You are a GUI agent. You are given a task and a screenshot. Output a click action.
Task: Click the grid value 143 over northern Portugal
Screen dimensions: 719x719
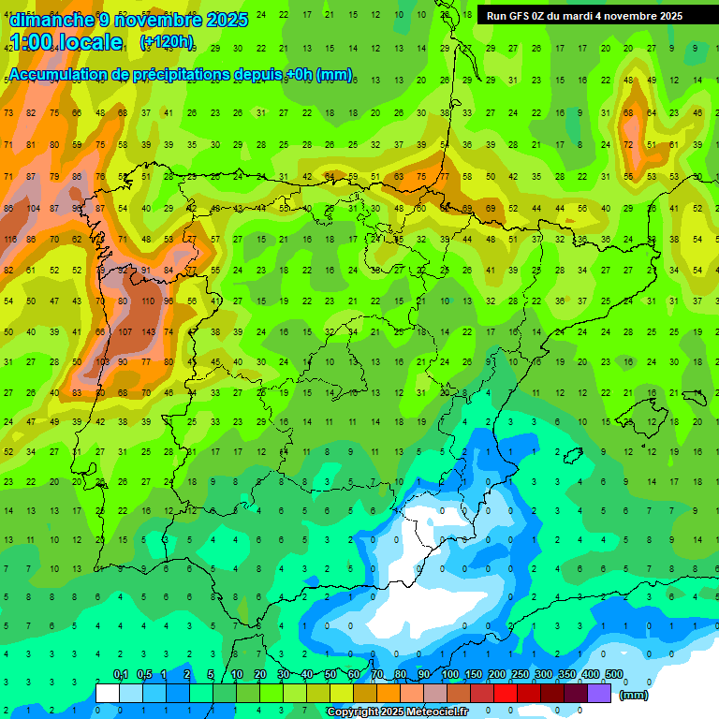148,332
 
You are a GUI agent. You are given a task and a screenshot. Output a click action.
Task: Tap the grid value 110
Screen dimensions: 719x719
148,301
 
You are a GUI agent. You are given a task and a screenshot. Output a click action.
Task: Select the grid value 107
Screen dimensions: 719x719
125,332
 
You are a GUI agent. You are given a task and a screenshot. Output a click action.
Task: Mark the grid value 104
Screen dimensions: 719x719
34,209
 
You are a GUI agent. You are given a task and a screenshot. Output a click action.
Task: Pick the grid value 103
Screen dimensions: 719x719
102,362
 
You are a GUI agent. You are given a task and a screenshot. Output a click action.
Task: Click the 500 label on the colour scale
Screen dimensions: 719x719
614,675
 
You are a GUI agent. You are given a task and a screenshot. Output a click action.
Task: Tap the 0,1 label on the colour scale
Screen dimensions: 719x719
121,675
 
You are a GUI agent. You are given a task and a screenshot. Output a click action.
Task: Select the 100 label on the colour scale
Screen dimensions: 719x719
450,675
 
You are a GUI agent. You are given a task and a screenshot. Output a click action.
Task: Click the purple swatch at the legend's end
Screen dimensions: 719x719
599,693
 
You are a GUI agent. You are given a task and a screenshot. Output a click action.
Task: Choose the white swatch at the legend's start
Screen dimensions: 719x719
108,693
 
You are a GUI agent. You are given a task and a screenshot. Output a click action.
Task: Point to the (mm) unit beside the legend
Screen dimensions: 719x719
634,695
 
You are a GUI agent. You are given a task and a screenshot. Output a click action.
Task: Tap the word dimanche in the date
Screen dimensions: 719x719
52,20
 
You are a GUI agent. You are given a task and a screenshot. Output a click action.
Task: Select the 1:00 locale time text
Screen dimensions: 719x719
66,42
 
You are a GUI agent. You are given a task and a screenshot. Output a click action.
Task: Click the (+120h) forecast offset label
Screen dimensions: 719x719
166,42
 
